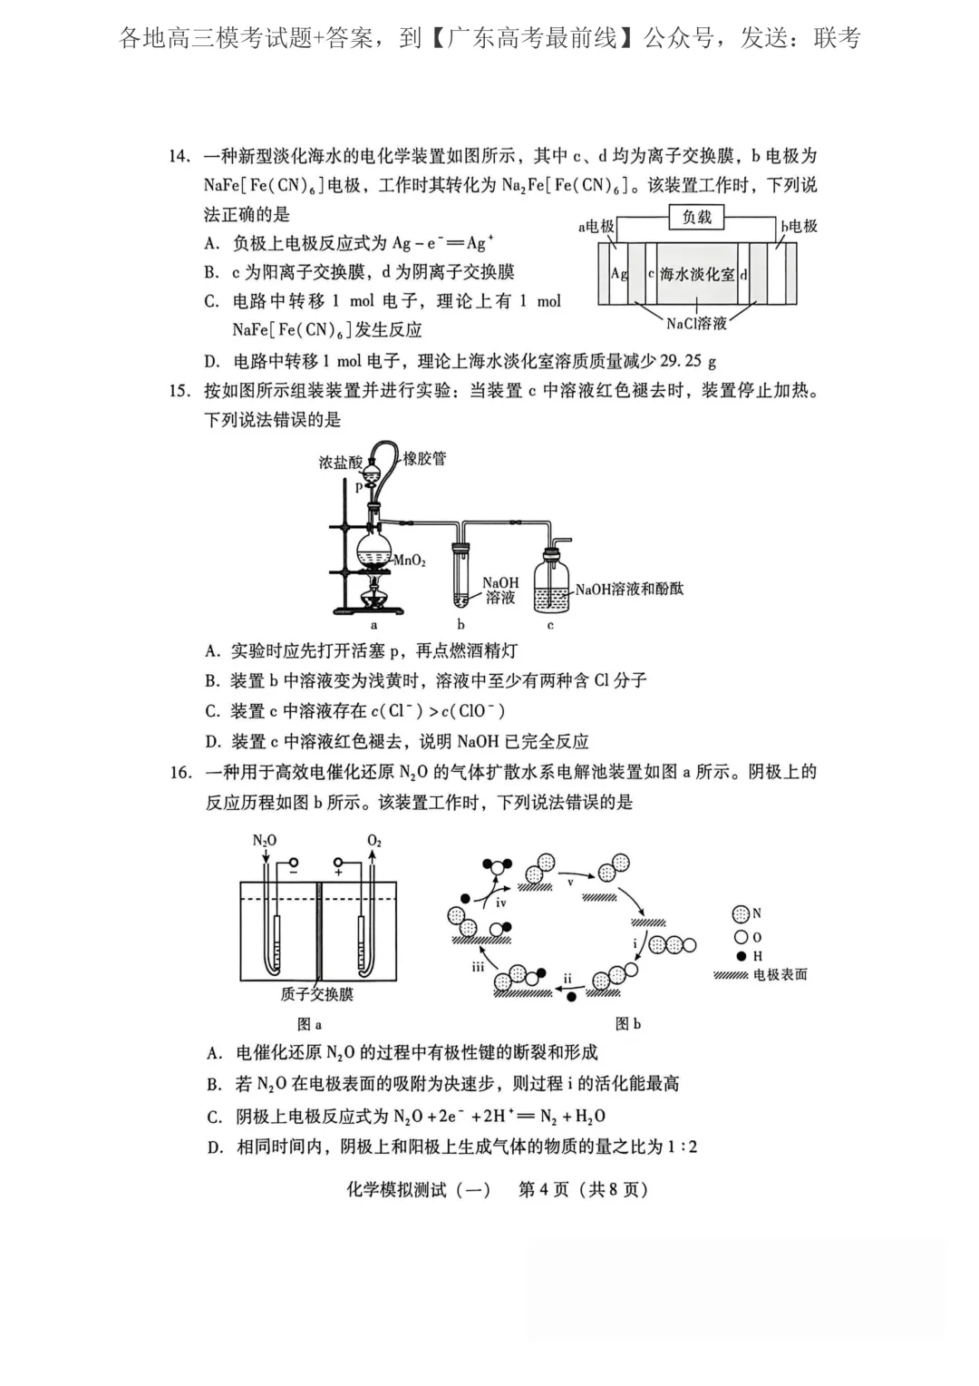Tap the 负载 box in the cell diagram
point(696,218)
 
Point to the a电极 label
point(596,227)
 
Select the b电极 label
point(799,227)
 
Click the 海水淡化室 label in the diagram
point(696,274)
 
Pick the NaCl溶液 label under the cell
point(696,323)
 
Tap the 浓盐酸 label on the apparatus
point(340,463)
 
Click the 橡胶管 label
point(424,459)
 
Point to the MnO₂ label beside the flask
point(410,561)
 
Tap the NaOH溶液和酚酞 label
point(629,590)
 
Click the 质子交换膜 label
point(316,994)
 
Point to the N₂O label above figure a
point(264,841)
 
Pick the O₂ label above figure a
point(374,841)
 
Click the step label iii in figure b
point(478,967)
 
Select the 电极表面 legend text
point(780,975)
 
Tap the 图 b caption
point(627,1024)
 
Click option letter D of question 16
point(215,1147)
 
